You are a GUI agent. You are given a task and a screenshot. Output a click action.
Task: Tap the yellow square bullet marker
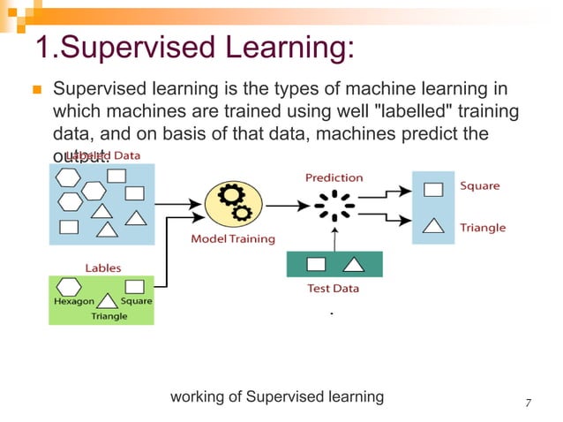pyautogui.click(x=36, y=91)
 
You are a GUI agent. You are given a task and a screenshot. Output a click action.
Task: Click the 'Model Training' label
pyautogui.click(x=233, y=238)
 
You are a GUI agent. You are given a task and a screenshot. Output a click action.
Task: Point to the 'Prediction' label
pyautogui.click(x=334, y=177)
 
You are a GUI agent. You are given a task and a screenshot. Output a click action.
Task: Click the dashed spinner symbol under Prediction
pyautogui.click(x=334, y=207)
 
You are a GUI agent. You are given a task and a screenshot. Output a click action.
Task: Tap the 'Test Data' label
pyautogui.click(x=334, y=288)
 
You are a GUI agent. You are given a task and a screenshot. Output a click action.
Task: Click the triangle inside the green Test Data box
pyautogui.click(x=352, y=264)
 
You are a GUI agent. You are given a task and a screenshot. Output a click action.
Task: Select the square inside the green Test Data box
pyautogui.click(x=316, y=264)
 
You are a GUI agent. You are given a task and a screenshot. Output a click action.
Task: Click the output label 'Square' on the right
pyautogui.click(x=479, y=186)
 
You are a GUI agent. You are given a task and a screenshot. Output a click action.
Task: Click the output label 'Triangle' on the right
pyautogui.click(x=483, y=227)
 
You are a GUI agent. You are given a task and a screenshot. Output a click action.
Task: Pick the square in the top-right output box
pyautogui.click(x=432, y=189)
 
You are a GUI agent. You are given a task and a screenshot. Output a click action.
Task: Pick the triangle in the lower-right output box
pyautogui.click(x=432, y=225)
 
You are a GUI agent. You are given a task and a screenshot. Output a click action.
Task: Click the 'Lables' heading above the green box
pyautogui.click(x=103, y=267)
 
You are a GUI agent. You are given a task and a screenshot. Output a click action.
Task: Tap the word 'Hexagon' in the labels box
pyautogui.click(x=72, y=301)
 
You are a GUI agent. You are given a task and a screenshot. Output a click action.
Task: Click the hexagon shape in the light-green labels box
pyautogui.click(x=69, y=286)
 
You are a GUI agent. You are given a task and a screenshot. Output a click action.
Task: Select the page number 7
pyautogui.click(x=528, y=403)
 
